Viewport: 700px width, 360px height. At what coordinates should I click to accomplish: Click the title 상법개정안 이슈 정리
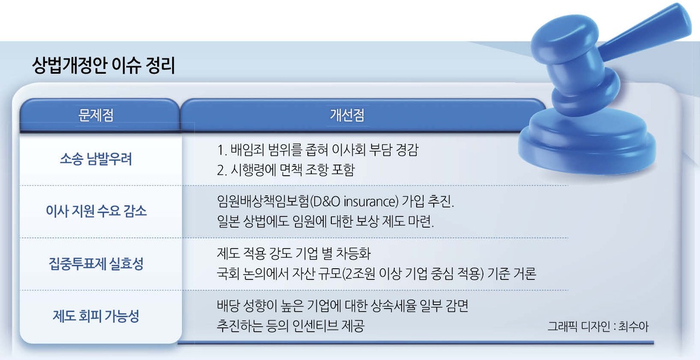pos(103,67)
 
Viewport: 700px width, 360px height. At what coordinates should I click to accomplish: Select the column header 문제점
pos(99,115)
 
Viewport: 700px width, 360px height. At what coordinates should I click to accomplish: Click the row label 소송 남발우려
pos(96,160)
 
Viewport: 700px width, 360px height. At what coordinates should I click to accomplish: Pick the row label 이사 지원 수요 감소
pos(96,212)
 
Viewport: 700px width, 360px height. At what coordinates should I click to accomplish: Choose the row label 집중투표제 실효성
pos(96,264)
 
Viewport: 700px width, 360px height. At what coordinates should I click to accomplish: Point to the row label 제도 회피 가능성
pos(96,316)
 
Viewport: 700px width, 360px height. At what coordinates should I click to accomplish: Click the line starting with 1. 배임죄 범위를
pos(320,150)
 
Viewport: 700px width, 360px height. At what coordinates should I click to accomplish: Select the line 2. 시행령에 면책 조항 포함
pos(285,170)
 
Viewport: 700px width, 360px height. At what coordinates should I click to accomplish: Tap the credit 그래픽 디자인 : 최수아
pos(598,327)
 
